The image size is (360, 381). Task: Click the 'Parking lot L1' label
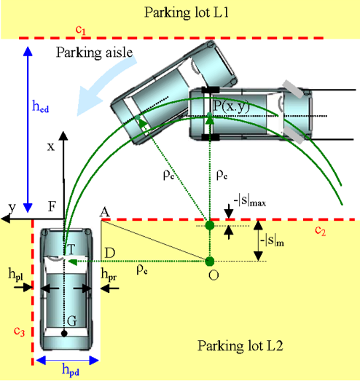point(187,12)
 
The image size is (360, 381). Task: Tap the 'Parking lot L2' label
point(240,345)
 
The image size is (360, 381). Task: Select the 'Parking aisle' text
point(94,52)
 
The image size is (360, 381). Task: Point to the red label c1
point(80,30)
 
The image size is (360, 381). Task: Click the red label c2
point(320,230)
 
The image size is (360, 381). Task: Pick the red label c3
point(19,331)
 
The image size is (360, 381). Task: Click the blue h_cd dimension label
point(41,106)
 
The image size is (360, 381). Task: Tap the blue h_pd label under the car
point(71,369)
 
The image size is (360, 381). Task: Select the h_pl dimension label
point(16,274)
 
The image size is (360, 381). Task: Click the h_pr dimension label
point(109,275)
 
